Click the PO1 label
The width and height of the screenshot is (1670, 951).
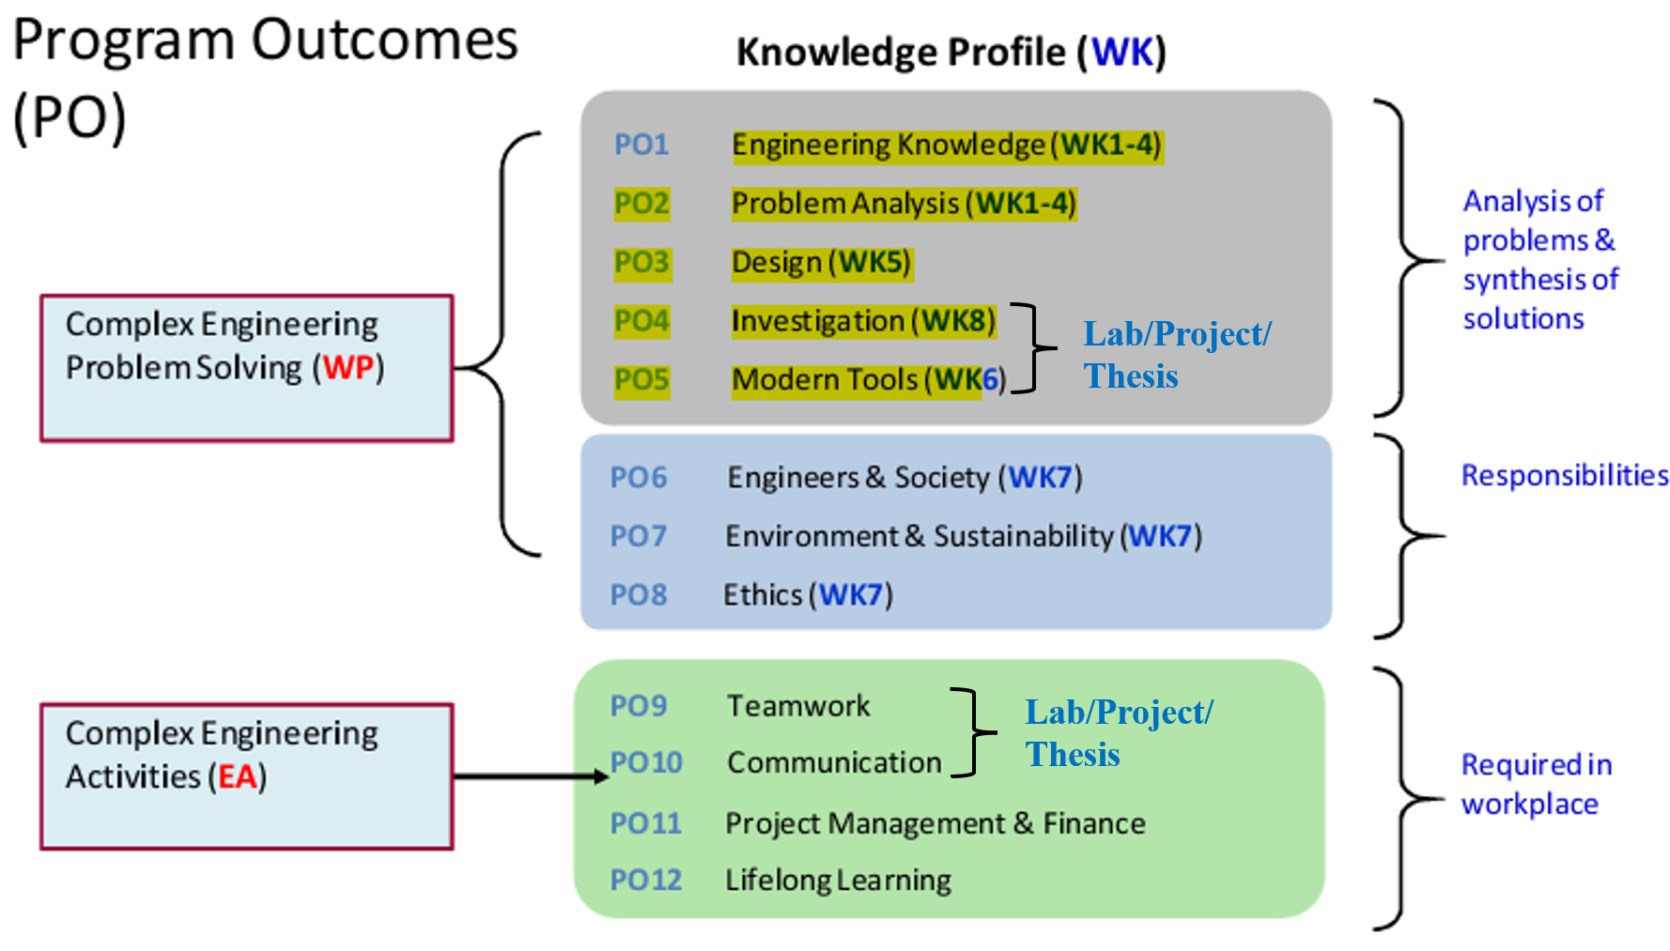[x=642, y=145]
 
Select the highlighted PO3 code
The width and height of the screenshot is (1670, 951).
[x=642, y=262]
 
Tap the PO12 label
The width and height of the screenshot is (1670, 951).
[x=645, y=880]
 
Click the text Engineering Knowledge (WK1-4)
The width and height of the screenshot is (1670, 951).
[x=947, y=146]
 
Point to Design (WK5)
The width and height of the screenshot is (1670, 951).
[x=821, y=263]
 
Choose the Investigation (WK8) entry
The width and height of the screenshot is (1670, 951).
[x=863, y=321]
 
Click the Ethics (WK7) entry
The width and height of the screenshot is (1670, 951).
[x=807, y=595]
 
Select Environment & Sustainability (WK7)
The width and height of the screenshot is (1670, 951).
[x=963, y=536]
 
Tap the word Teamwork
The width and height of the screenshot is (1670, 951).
[x=798, y=706]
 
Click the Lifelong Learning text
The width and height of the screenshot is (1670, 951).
[x=838, y=881]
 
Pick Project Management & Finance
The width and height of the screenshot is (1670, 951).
[x=935, y=823]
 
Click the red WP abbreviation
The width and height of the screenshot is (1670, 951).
[x=348, y=367]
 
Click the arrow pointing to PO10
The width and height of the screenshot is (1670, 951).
[x=531, y=776]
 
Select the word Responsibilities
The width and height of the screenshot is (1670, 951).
[x=1564, y=475]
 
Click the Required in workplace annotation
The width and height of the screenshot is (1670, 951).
[x=1535, y=784]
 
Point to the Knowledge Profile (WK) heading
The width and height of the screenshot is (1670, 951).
[x=951, y=53]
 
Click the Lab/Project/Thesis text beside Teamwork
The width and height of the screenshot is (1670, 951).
[x=1118, y=732]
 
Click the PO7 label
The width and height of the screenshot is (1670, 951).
[x=639, y=536]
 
